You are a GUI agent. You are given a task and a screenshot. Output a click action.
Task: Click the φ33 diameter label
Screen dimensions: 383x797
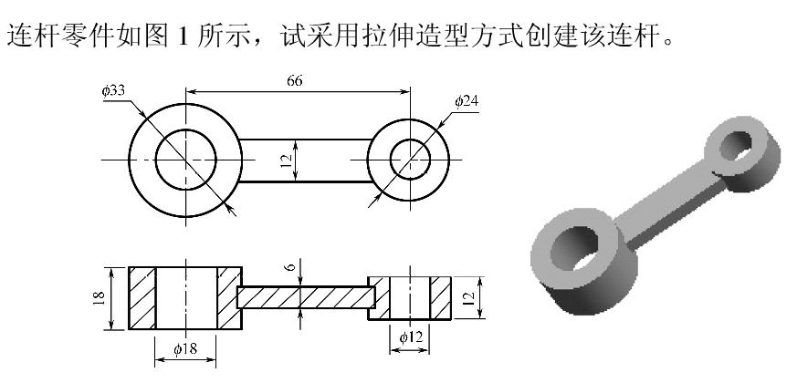tap(114, 90)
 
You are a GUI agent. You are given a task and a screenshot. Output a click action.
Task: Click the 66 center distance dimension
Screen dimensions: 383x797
tap(294, 80)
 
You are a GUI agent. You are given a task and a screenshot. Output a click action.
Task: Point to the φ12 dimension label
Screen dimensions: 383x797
tap(411, 338)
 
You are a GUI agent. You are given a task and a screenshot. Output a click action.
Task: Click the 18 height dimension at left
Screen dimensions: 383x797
tap(101, 298)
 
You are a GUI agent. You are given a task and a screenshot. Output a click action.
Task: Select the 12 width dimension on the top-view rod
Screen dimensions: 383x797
tap(288, 161)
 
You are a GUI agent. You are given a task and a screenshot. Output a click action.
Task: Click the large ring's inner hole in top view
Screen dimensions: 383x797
tap(185, 160)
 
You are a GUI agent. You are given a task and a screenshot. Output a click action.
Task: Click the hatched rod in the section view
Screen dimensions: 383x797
tap(306, 298)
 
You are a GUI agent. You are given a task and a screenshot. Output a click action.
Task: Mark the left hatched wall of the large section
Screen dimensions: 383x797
tap(142, 298)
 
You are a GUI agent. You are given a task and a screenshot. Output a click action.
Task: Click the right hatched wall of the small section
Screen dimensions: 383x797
tap(441, 297)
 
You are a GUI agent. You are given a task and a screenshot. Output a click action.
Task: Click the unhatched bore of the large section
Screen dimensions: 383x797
tap(186, 298)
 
